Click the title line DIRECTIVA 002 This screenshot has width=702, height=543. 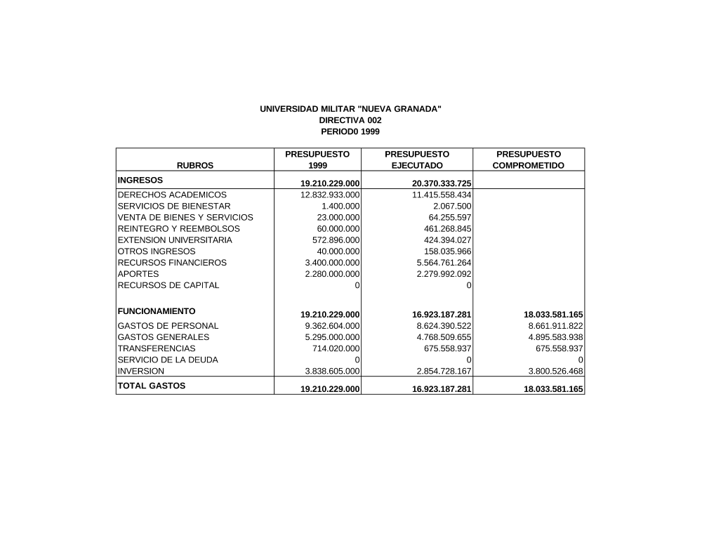(350, 120)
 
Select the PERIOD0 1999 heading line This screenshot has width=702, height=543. (350, 131)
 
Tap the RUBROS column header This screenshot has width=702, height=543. (195, 166)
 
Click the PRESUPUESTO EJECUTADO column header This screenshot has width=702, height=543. (417, 159)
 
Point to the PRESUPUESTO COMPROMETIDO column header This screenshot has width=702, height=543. (529, 159)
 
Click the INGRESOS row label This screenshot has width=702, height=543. (140, 180)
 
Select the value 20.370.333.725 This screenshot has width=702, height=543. (442, 184)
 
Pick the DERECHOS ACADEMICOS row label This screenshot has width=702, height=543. (172, 195)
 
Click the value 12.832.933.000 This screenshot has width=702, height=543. (330, 195)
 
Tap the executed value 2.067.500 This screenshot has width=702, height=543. (453, 206)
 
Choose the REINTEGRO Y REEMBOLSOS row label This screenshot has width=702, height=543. (178, 228)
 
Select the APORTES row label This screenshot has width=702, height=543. (138, 274)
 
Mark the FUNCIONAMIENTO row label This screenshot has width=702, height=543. (157, 310)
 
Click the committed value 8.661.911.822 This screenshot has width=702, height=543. (555, 326)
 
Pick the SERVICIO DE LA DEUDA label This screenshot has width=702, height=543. (168, 360)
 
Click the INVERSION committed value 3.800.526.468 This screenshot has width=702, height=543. (555, 371)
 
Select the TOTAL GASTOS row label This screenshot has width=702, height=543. (152, 386)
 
